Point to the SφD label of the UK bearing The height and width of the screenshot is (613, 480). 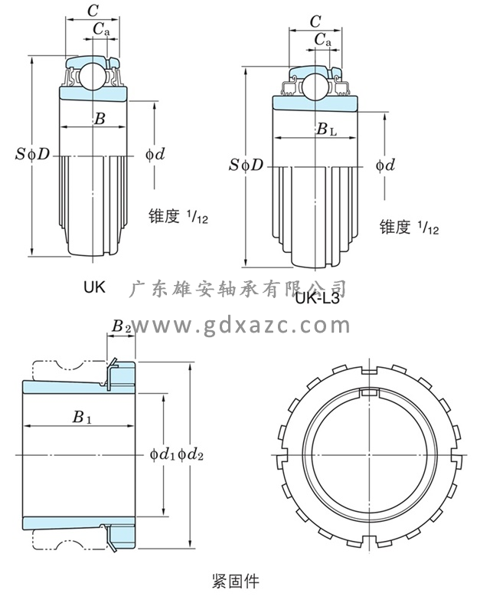[x=33, y=154]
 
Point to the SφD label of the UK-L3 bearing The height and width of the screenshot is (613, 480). [x=247, y=165]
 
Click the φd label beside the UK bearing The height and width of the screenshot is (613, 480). [x=155, y=154]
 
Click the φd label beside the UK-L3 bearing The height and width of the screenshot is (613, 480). [x=385, y=165]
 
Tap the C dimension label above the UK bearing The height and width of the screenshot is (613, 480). [x=92, y=11]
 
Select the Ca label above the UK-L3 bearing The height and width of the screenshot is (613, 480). [x=322, y=41]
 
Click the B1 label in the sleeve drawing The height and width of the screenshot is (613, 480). [x=82, y=418]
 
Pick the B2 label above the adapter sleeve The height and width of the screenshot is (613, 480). [x=121, y=326]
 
